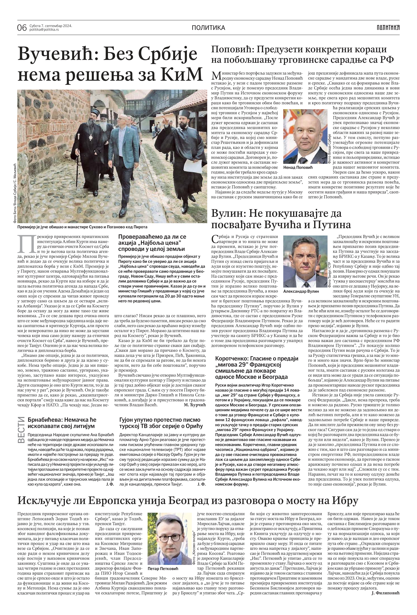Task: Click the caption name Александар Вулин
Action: click(301, 291)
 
